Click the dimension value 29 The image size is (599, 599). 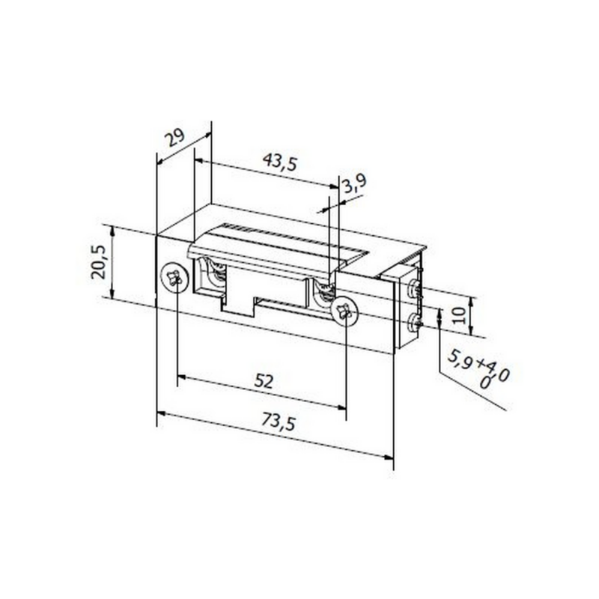(x=175, y=139)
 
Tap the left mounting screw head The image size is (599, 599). (x=172, y=279)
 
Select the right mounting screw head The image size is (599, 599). (x=344, y=311)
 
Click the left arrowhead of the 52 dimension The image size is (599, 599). (x=181, y=377)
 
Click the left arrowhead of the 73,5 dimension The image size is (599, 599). (x=160, y=413)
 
